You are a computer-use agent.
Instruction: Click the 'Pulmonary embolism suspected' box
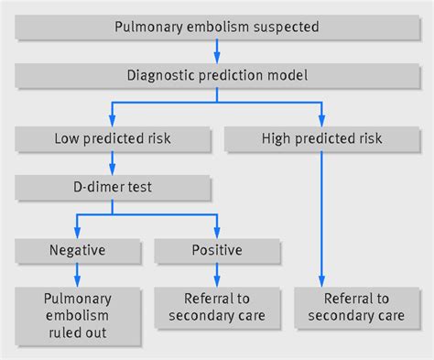(x=216, y=27)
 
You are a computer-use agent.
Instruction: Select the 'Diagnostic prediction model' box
(x=216, y=76)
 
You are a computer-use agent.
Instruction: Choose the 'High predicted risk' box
(x=321, y=139)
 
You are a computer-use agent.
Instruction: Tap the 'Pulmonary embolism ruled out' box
(x=76, y=315)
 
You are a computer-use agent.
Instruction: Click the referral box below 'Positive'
(x=216, y=308)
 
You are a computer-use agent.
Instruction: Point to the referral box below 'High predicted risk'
(x=356, y=308)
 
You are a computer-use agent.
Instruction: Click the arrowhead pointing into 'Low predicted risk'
(x=111, y=122)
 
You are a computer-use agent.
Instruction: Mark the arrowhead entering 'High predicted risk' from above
(x=321, y=122)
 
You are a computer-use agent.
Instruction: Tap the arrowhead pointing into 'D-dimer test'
(x=111, y=170)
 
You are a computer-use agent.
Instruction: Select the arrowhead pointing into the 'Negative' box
(x=76, y=231)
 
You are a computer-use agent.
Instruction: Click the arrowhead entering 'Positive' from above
(x=216, y=231)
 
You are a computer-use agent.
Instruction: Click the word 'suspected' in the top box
(x=285, y=27)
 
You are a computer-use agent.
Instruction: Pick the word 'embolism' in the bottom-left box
(x=76, y=315)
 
